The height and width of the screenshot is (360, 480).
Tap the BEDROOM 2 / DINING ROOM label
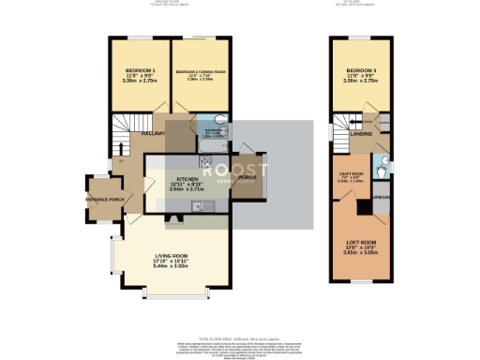[x=199, y=71]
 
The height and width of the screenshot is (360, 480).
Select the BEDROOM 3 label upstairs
[x=361, y=71]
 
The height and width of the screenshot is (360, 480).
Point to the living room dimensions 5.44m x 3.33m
[x=172, y=267]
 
